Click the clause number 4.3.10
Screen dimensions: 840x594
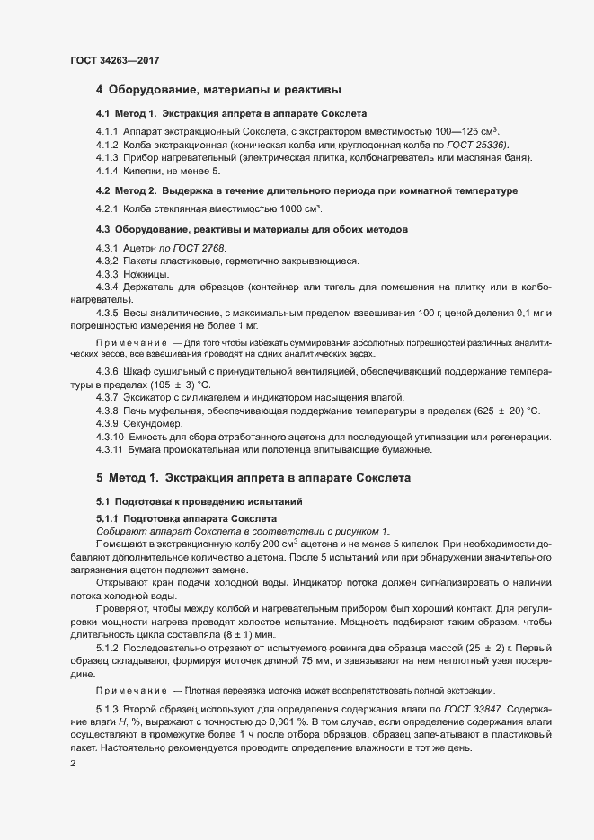[x=111, y=436]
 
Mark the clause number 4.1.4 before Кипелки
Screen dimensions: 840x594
[x=108, y=170]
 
